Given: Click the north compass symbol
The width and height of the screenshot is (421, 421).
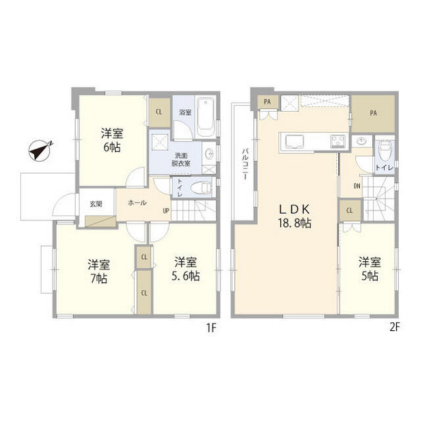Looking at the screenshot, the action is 39,151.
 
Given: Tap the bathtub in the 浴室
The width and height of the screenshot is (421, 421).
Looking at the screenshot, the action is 206,117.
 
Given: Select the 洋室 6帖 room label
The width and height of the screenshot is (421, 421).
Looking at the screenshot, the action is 112,140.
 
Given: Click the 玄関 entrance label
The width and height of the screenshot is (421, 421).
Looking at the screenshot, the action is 96,204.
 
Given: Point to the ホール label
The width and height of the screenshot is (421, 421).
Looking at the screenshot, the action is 137,203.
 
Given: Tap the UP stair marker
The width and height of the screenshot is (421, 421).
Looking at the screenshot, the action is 166,210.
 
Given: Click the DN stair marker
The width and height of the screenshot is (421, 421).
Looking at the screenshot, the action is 357,186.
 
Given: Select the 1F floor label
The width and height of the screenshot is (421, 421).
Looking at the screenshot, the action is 211,328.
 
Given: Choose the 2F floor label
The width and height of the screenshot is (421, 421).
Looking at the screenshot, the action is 393,328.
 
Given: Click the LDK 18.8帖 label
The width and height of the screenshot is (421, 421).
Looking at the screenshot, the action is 295,216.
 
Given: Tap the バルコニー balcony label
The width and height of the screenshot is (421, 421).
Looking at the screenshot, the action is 245,164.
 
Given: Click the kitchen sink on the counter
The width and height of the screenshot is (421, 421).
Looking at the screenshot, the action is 295,141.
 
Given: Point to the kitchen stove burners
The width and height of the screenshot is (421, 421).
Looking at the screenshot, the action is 338,141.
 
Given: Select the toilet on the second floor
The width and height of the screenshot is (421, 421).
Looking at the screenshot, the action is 384,151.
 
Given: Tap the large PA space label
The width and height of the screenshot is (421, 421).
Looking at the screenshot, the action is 373,113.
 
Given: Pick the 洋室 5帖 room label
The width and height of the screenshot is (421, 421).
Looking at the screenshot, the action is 370,269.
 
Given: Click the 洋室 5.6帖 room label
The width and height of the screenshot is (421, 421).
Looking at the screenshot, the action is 186,269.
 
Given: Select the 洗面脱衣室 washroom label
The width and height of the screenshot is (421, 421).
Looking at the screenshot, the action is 181,159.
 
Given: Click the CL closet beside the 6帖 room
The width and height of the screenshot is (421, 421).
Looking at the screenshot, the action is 159,112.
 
